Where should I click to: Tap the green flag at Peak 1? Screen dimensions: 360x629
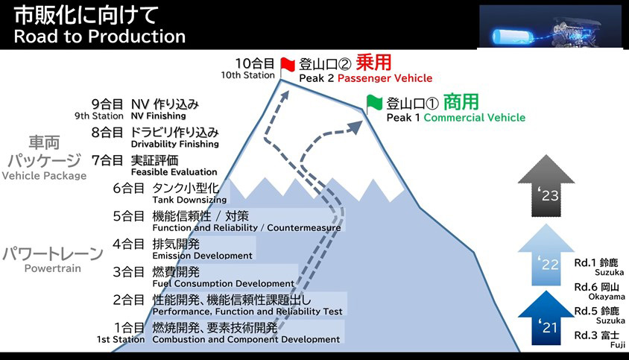pyautogui.click(x=374, y=102)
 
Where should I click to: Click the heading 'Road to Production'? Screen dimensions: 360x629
pyautogui.click(x=99, y=36)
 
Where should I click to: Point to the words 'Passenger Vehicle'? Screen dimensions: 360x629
pyautogui.click(x=385, y=78)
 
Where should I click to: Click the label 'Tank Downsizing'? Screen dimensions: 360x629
pyautogui.click(x=189, y=200)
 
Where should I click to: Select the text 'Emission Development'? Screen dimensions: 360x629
pyautogui.click(x=202, y=256)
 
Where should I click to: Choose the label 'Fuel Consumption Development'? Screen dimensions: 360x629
pyautogui.click(x=223, y=284)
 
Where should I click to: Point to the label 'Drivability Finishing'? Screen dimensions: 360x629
pyautogui.click(x=174, y=144)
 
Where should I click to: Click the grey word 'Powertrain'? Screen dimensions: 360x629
pyautogui.click(x=52, y=268)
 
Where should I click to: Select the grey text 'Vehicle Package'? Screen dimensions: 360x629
pyautogui.click(x=44, y=176)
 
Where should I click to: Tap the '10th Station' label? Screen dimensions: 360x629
pyautogui.click(x=248, y=75)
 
